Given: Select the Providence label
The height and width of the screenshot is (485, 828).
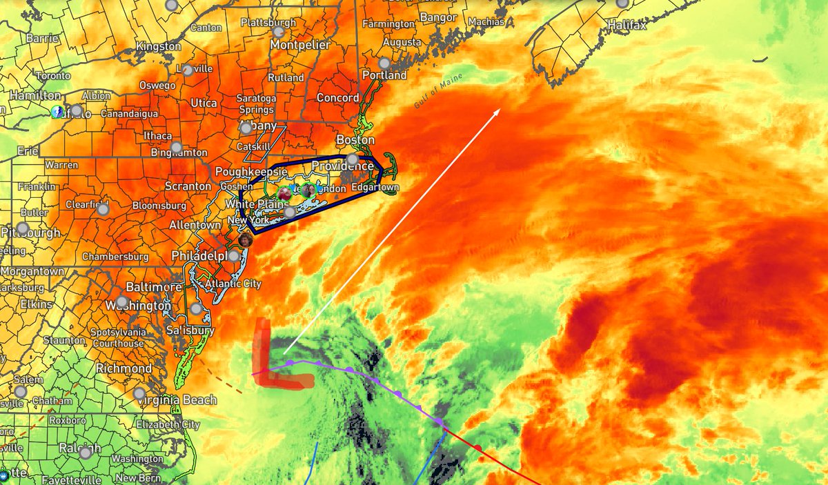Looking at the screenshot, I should [x=342, y=166].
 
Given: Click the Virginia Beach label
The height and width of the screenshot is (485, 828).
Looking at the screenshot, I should [x=176, y=400].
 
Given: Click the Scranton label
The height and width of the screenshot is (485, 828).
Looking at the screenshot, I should [x=188, y=186].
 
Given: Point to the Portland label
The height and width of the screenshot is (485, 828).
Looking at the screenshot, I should [x=384, y=75].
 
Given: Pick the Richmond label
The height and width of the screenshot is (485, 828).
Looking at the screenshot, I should [x=124, y=368].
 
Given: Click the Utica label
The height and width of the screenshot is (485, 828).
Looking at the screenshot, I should [x=204, y=103].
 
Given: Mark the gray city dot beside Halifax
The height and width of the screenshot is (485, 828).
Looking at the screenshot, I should [x=623, y=3].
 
